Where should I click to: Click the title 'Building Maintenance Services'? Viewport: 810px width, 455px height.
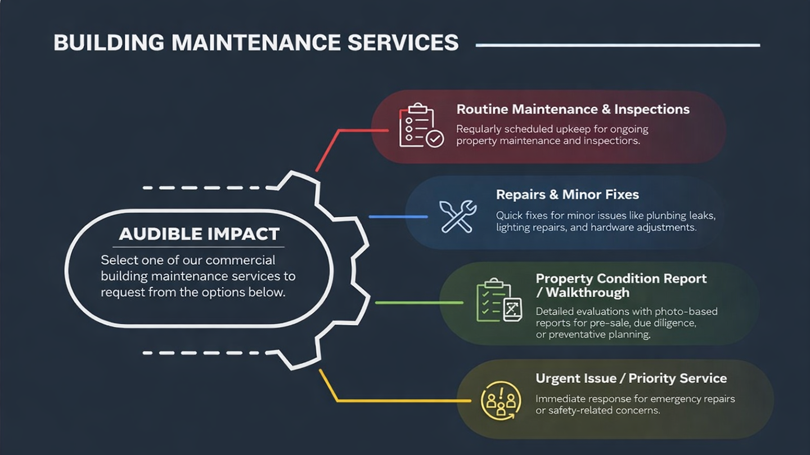point(256,43)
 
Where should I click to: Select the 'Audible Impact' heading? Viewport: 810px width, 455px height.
point(199,234)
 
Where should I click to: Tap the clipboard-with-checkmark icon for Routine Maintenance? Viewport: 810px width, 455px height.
point(421,126)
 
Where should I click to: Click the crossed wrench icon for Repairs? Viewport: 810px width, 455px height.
point(458,216)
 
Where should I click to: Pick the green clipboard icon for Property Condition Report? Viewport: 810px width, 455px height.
point(499,301)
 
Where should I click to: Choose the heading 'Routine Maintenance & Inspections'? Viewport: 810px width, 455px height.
point(573,109)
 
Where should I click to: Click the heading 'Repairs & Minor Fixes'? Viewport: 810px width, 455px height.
point(567,195)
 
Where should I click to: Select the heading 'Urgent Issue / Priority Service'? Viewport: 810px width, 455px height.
point(631,378)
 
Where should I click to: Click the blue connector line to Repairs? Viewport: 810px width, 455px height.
point(398,216)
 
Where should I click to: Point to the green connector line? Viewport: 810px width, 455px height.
point(418,302)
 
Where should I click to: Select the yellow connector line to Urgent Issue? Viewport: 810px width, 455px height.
point(394,400)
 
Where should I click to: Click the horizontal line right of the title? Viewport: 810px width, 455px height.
point(617,45)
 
